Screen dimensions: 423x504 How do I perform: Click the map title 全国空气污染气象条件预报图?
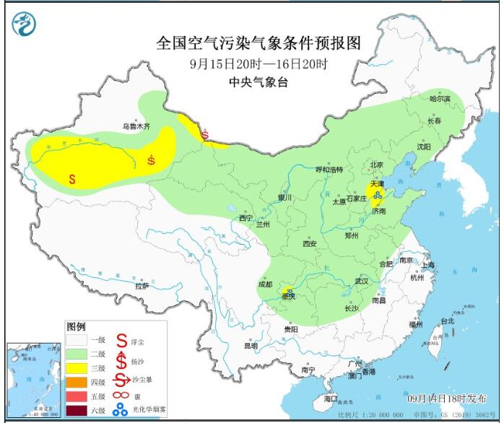tap(258, 43)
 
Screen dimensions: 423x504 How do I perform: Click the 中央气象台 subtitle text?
tap(258, 82)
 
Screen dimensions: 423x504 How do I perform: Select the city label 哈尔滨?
tap(439, 98)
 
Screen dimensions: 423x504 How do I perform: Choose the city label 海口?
tap(330, 398)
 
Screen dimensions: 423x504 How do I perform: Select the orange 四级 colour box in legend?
tap(76, 383)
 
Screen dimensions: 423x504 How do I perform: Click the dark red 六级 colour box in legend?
tap(76, 411)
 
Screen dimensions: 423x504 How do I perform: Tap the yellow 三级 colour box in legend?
tap(76, 368)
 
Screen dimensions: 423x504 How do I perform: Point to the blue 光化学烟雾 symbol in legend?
tap(120, 411)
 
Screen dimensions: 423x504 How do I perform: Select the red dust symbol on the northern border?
tap(206, 134)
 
